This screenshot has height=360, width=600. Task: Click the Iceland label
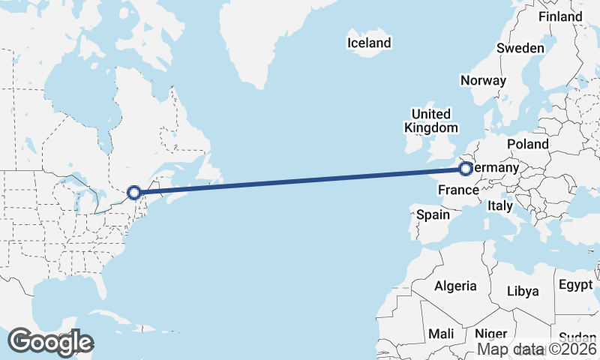point(369,43)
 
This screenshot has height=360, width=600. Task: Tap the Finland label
point(560,16)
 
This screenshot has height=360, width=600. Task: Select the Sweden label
point(520,48)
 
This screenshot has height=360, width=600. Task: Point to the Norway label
point(483,80)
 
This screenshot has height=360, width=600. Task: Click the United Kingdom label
point(430,121)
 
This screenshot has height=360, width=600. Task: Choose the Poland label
point(527,144)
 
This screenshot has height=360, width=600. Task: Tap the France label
point(458,188)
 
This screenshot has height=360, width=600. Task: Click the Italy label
point(500,205)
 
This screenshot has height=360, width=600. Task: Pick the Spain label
point(433,214)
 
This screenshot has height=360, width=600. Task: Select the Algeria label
point(455,286)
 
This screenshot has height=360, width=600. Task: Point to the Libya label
point(523,291)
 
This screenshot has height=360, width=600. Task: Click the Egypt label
point(575,285)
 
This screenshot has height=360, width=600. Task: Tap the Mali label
point(441,333)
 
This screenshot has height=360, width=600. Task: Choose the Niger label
point(491,333)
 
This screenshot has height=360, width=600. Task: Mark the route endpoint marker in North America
point(133,193)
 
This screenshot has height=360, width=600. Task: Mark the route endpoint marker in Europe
point(466,169)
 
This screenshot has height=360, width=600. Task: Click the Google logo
point(50,342)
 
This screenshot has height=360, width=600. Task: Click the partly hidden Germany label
point(495,169)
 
